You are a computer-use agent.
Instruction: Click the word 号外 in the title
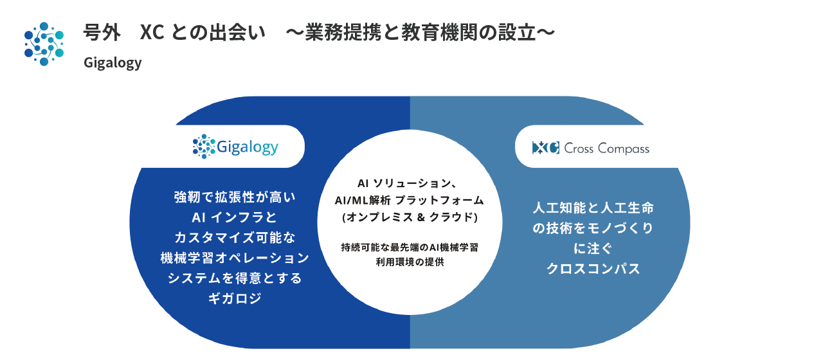pyautogui.click(x=102, y=33)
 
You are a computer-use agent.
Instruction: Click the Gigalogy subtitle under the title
pyautogui.click(x=113, y=63)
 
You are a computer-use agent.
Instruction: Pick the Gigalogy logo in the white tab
pyautogui.click(x=235, y=147)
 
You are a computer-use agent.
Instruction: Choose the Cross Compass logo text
pyautogui.click(x=606, y=148)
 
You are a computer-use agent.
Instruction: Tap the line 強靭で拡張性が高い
pyautogui.click(x=235, y=196)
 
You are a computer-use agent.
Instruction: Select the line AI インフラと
pyautogui.click(x=235, y=217)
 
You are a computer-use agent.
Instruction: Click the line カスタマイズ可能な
pyautogui.click(x=235, y=237)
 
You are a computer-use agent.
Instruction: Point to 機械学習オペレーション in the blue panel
pyautogui.click(x=235, y=258)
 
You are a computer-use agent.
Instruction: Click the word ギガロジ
pyautogui.click(x=235, y=299)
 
